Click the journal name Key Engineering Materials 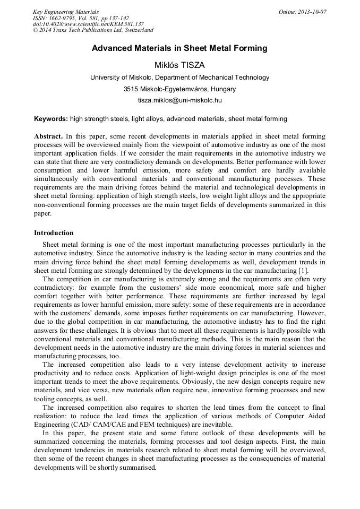pos(66,12)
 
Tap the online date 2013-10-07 pos(311,12)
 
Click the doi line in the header pos(88,24)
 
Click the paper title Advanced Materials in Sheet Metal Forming pos(179,48)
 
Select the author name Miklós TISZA pos(179,65)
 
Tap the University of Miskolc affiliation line pos(179,77)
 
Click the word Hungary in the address pos(223,89)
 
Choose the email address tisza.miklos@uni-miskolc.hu pos(179,100)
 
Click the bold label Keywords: pos(51,119)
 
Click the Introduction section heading pos(54,233)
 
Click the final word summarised pos(138,468)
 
